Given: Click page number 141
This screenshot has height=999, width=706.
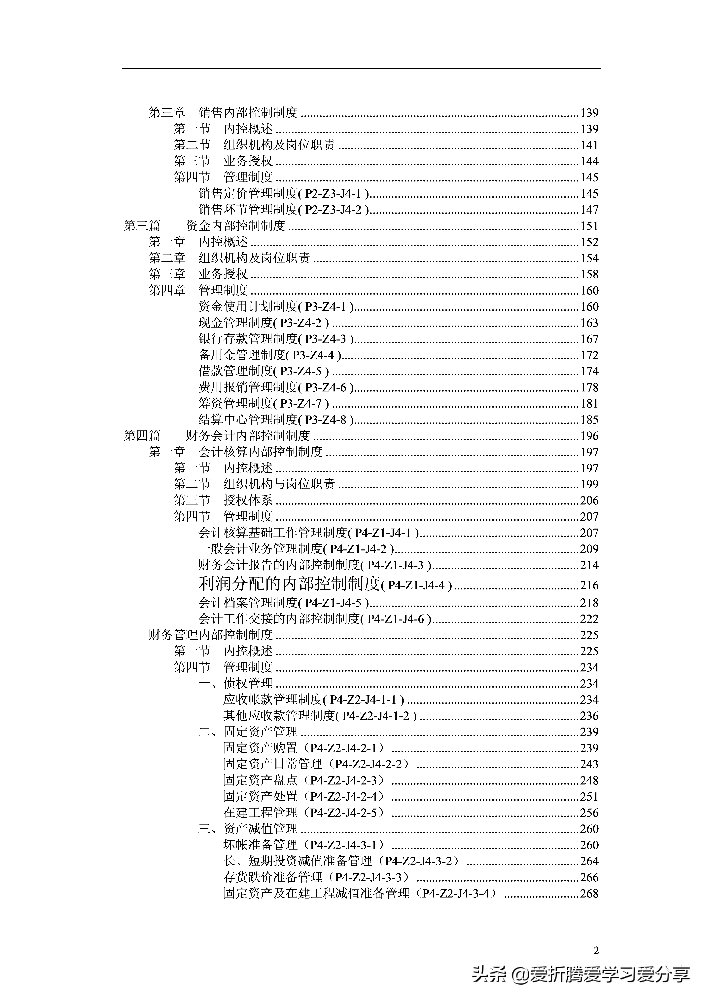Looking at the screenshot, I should (x=589, y=145).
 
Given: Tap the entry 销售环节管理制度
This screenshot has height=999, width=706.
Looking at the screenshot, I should (x=248, y=210).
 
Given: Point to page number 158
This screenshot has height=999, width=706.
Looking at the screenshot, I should (x=589, y=274).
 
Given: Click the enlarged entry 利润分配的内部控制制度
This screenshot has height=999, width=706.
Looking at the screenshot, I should (x=289, y=584).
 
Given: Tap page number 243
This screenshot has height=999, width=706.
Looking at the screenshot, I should (x=589, y=764).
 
